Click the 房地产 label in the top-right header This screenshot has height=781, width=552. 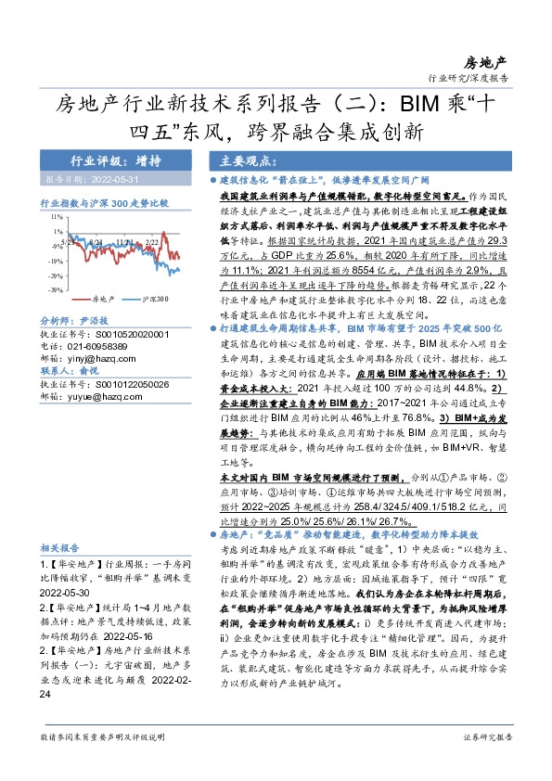click(x=485, y=61)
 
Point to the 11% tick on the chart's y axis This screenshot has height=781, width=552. click(x=57, y=215)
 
